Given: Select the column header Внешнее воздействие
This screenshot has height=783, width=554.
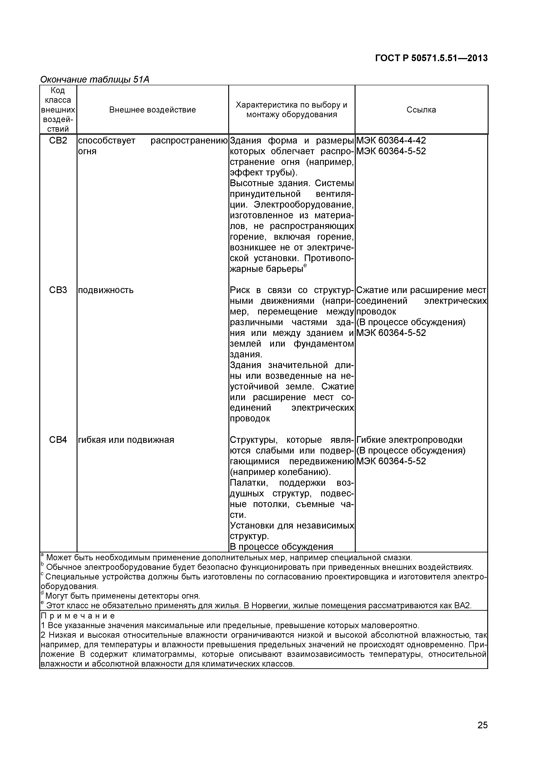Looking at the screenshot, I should (153, 110).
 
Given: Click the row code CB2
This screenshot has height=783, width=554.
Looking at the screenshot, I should (58, 140).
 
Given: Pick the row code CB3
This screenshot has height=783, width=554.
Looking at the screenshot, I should (58, 290).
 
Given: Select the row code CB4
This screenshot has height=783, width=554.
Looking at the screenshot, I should (58, 440).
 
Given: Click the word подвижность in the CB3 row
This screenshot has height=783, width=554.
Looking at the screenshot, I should (106, 290).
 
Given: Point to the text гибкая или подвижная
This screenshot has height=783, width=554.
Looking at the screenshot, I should (126, 440).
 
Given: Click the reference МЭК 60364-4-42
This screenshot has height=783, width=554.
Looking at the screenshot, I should (391, 140).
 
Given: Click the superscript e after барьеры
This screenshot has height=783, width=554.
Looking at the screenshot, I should (305, 265).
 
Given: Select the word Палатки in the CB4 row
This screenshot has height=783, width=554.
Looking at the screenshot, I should (249, 483).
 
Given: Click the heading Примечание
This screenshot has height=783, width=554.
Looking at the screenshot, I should (78, 616).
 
